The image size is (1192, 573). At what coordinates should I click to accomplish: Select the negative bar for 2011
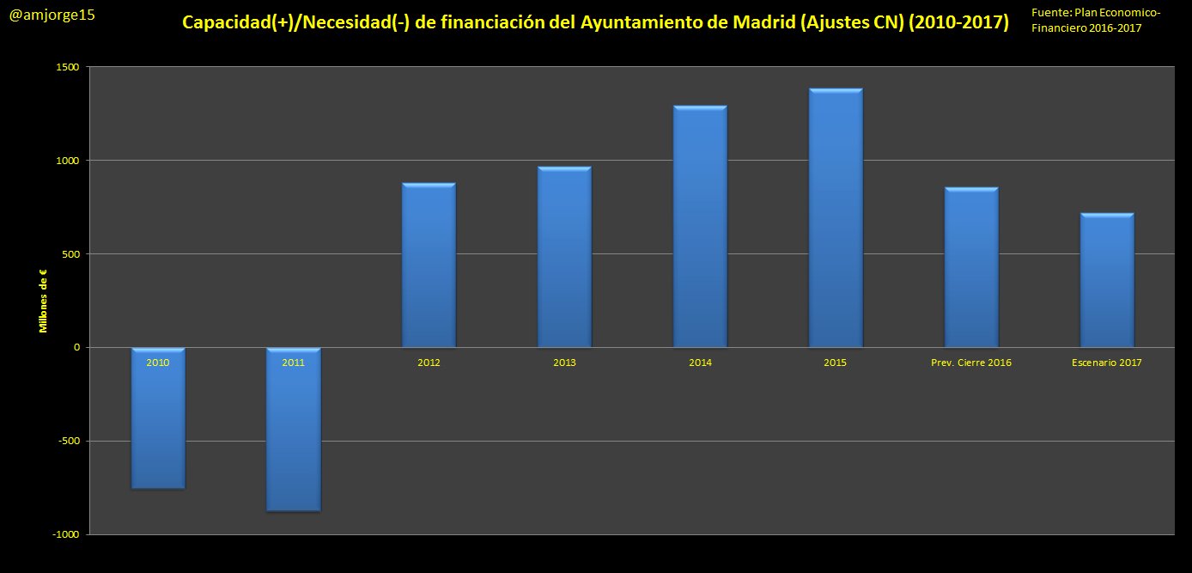[x=294, y=438]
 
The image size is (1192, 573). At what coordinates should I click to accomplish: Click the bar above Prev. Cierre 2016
[x=971, y=266]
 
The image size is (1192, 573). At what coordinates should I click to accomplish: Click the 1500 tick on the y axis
[x=69, y=67]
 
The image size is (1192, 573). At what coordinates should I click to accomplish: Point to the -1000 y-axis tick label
[x=66, y=534]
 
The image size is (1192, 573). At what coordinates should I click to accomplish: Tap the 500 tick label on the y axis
[x=71, y=254]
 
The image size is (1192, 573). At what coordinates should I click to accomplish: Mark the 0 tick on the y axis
[x=77, y=348]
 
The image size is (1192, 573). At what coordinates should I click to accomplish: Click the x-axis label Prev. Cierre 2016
[x=971, y=363]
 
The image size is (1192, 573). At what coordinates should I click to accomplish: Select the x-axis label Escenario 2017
[x=1107, y=363]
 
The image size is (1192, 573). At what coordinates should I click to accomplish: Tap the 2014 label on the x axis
[x=700, y=363]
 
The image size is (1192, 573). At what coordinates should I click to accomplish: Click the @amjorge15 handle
[x=52, y=15]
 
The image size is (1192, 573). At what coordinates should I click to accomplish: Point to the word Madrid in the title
[x=755, y=22]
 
